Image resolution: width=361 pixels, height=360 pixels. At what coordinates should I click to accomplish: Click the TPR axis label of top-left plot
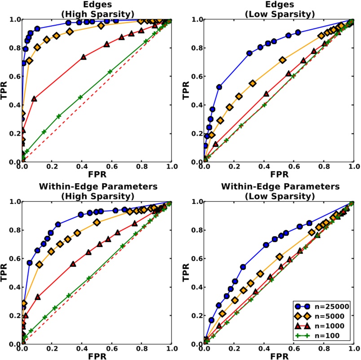(5, 91)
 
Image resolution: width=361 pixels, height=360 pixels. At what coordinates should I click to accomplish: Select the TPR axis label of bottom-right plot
(188, 273)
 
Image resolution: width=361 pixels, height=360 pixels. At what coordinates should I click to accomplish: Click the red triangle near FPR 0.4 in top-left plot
(84, 57)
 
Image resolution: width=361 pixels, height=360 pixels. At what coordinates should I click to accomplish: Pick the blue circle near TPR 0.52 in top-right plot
(220, 87)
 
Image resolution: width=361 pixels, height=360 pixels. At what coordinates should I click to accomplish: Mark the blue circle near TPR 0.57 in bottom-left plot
(30, 263)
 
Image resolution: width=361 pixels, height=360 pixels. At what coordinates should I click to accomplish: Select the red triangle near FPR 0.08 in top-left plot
(34, 98)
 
